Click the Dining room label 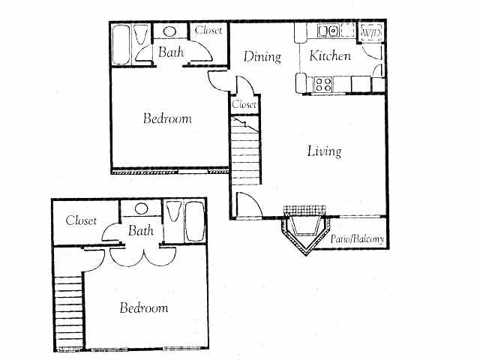pos(262,56)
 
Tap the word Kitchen pos(330,55)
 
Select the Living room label pos(325,151)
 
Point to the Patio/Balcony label pos(358,239)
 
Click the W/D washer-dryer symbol pos(371,33)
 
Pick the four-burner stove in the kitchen pos(323,84)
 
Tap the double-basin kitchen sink pos(327,31)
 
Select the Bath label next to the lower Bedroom pos(140,231)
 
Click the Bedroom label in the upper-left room pos(167,118)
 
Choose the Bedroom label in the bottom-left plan pos(144,307)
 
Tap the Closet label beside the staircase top pos(245,105)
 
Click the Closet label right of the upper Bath pos(208,31)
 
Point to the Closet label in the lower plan pos(81,220)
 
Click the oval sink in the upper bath pos(169,32)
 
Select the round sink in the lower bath pos(141,209)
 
